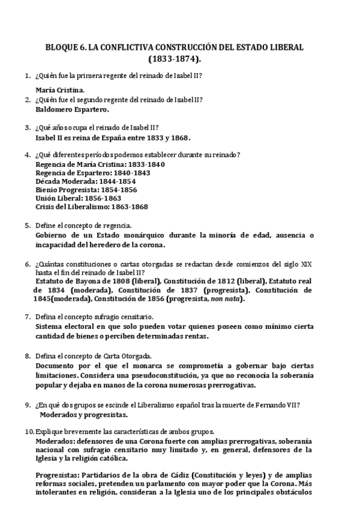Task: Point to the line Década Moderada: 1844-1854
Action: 86,181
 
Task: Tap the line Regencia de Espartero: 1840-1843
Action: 93,172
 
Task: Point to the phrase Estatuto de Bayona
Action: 68,280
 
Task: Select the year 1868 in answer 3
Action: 181,137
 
